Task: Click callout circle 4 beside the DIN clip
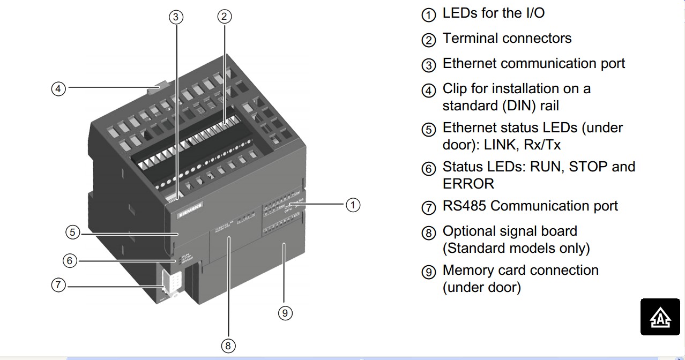click(58, 88)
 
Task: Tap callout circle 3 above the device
click(176, 17)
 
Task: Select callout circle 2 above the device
click(225, 17)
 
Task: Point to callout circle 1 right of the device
click(352, 205)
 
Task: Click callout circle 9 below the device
click(285, 313)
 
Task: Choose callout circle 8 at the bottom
click(228, 346)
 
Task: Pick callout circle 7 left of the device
click(58, 285)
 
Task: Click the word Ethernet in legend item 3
click(470, 64)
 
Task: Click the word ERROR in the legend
click(468, 184)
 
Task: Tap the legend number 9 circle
click(429, 272)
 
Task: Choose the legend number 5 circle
click(429, 130)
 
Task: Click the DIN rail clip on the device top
click(159, 87)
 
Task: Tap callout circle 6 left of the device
click(70, 261)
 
